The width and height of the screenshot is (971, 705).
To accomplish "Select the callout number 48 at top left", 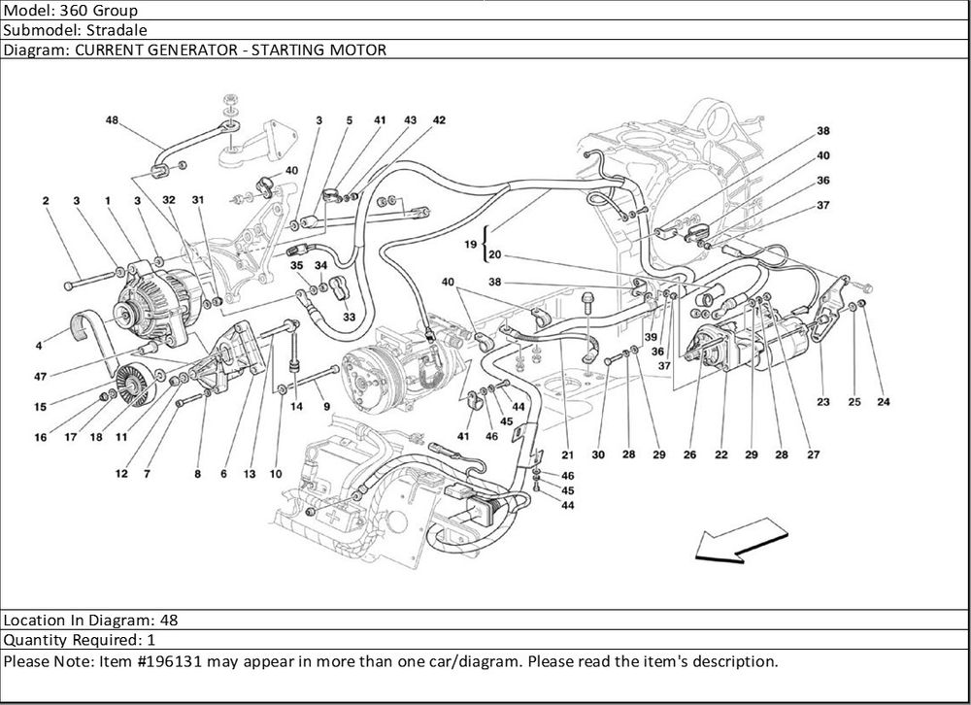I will tap(112, 120).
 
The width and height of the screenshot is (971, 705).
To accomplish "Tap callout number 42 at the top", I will tap(439, 120).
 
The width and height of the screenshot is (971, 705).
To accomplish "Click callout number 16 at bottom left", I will tap(41, 438).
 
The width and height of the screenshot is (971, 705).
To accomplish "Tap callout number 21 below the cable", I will tap(566, 454).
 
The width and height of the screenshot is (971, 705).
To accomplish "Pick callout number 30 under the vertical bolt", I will tap(598, 454).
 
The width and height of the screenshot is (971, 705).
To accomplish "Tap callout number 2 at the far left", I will tap(46, 201).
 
